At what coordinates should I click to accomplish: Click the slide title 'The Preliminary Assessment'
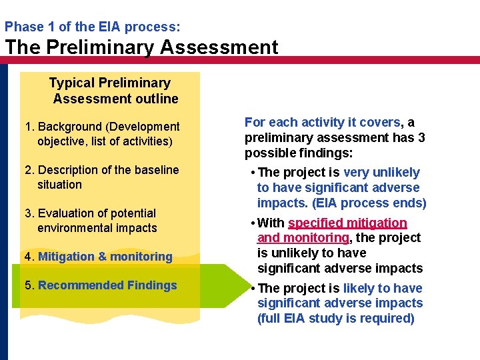(x=141, y=47)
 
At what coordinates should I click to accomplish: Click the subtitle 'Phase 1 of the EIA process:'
(x=92, y=27)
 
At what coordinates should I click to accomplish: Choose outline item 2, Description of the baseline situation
(x=102, y=177)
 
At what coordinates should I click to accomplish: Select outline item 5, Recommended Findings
(x=101, y=285)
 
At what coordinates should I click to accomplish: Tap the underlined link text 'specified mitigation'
(x=347, y=223)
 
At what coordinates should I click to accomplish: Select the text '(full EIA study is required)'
(x=336, y=318)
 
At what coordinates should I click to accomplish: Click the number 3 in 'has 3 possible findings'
(x=421, y=137)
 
